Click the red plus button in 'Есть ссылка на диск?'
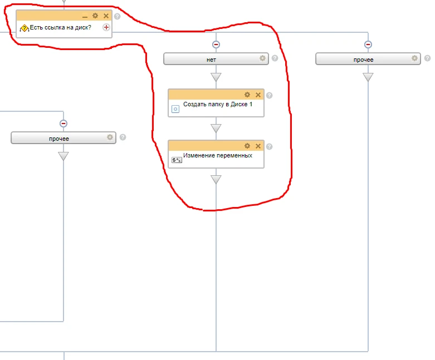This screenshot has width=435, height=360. tap(106, 27)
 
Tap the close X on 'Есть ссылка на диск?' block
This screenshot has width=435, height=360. tap(106, 16)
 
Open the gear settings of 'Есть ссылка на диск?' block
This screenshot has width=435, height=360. tap(95, 16)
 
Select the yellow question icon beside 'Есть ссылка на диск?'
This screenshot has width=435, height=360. tap(25, 28)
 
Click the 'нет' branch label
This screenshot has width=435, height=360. tap(211, 60)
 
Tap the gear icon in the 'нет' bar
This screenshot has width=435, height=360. tap(262, 58)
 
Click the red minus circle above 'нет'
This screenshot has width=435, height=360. tap(216, 45)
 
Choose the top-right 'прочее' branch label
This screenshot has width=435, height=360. tap(363, 60)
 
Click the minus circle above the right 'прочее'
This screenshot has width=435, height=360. tap(368, 45)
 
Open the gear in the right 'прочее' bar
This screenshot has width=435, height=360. tap(414, 58)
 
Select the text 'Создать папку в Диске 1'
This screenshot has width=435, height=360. tap(218, 104)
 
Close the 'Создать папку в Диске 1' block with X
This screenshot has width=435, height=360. tap(258, 95)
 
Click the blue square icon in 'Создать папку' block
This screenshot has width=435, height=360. tap(175, 109)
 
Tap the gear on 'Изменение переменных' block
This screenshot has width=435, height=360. tap(247, 146)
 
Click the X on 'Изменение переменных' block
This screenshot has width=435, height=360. tap(258, 146)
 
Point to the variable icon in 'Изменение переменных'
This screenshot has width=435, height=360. tap(177, 160)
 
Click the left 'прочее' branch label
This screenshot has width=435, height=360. tap(59, 139)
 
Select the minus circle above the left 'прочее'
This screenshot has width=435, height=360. tap(63, 124)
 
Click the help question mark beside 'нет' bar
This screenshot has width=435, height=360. tap(275, 58)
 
